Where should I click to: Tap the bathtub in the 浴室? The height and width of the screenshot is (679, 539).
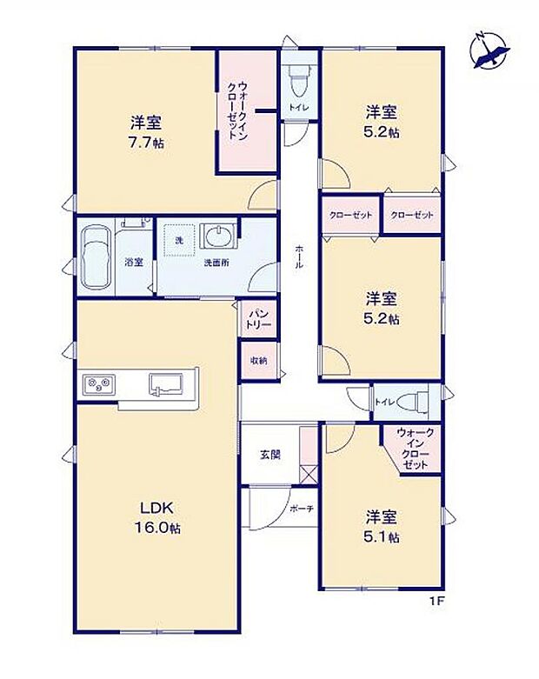[x=94, y=257]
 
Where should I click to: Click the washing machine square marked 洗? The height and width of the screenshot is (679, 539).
[x=180, y=241]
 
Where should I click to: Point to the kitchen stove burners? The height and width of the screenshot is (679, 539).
[x=98, y=383]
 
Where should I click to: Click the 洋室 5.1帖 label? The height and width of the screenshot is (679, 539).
[x=382, y=527]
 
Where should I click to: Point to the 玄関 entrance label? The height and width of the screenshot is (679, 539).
[x=270, y=454]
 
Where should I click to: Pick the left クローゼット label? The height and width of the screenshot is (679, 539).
[x=350, y=215]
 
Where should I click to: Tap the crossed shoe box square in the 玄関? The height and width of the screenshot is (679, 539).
[x=309, y=475]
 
